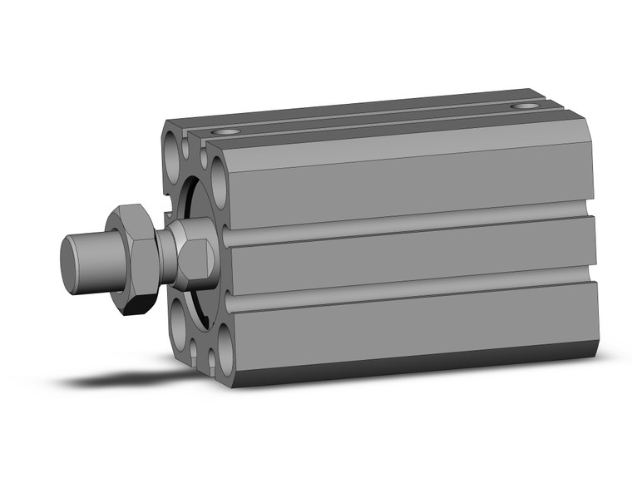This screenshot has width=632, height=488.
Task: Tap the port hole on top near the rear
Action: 523,106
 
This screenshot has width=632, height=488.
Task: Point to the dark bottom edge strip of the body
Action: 416,361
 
